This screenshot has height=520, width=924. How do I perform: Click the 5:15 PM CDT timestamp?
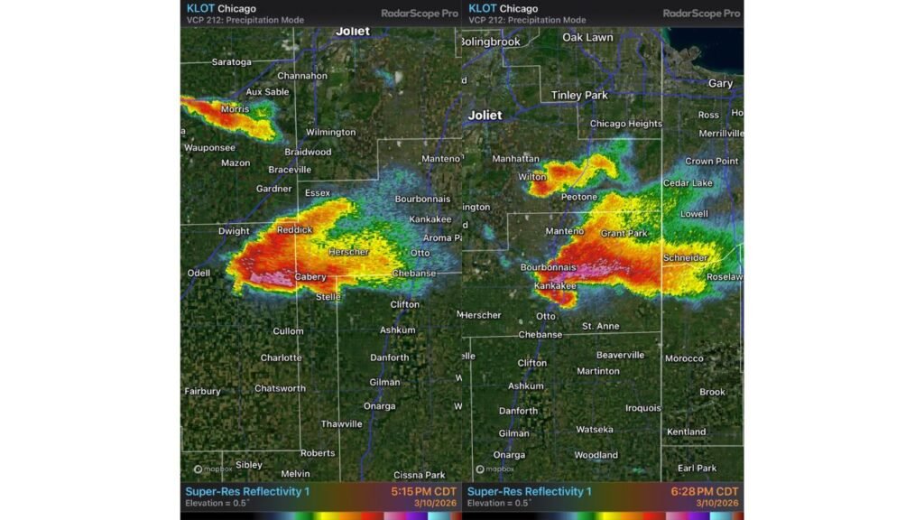tap(424, 492)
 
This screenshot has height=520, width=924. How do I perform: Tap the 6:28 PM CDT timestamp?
tap(706, 492)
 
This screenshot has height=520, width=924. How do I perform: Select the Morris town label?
tap(235, 109)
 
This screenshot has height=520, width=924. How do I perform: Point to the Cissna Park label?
tap(419, 475)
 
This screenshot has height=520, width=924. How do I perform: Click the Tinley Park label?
tap(579, 95)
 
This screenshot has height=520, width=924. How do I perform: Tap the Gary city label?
tap(720, 83)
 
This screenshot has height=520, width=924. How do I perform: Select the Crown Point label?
tap(712, 161)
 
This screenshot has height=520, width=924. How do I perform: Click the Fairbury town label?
tap(202, 392)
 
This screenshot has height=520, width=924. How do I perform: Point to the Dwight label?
tap(234, 231)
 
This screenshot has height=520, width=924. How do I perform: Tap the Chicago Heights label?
tap(625, 124)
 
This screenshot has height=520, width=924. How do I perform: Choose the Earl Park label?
tap(697, 468)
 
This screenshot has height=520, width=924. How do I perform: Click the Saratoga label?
tap(231, 62)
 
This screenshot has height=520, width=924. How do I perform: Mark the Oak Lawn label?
tap(587, 37)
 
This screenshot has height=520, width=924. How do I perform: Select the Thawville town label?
tap(341, 424)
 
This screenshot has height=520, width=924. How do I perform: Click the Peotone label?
tap(578, 197)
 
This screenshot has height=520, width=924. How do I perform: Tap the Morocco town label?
tap(684, 358)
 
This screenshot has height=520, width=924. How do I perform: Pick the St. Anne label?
tap(600, 326)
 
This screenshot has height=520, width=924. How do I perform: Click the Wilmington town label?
tap(331, 132)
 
